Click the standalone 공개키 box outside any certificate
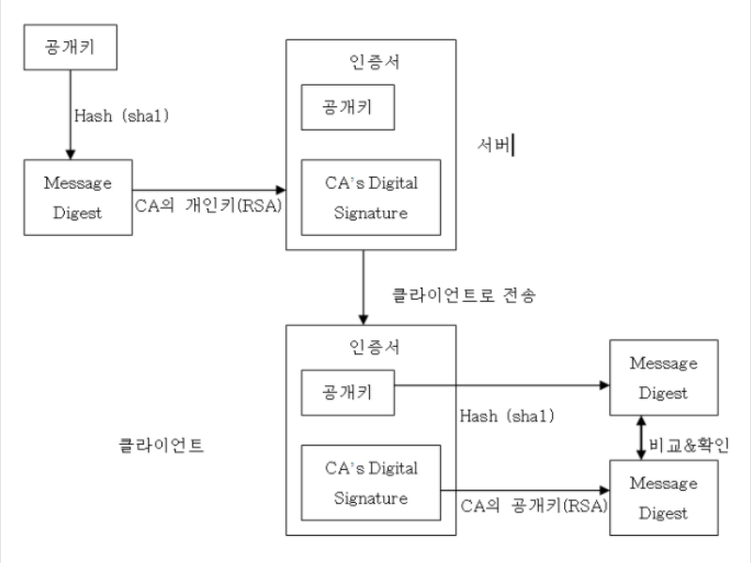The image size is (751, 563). click(x=69, y=46)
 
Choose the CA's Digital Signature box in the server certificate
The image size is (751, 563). click(x=370, y=198)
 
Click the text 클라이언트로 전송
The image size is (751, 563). click(x=464, y=294)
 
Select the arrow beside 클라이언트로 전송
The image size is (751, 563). click(x=361, y=287)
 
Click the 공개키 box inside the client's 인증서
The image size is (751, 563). click(x=347, y=391)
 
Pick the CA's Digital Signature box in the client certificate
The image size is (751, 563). click(x=370, y=481)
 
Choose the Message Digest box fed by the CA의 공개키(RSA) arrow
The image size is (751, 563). click(x=664, y=499)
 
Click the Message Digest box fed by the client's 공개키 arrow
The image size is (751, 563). click(x=664, y=378)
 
